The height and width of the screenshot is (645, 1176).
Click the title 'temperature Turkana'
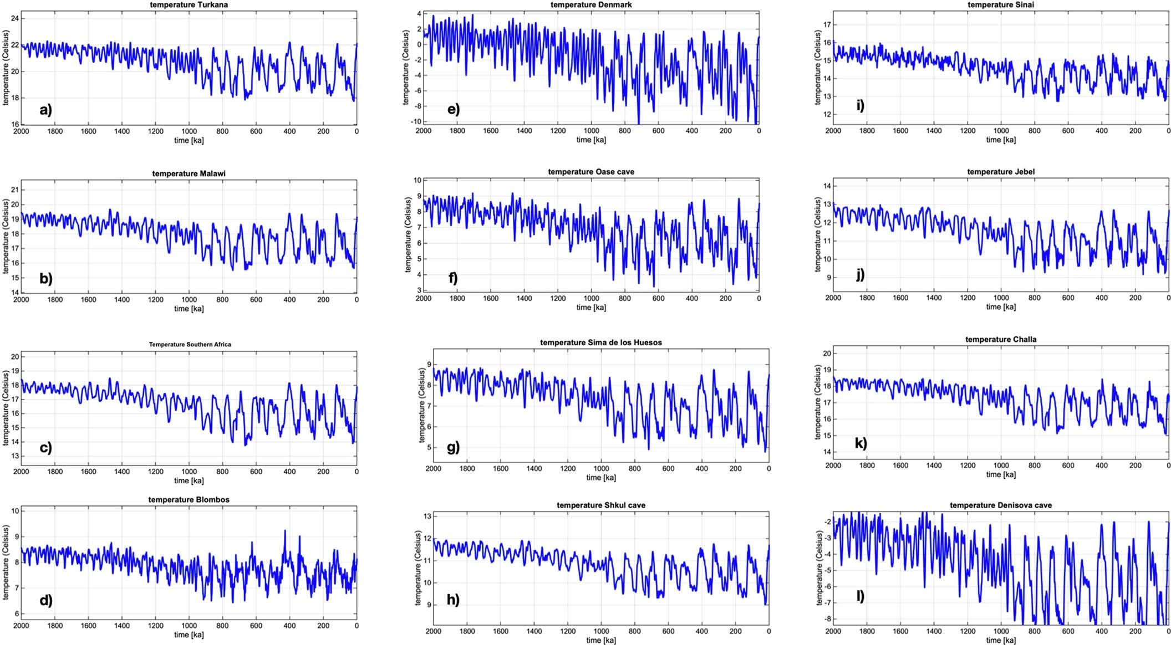click(189, 4)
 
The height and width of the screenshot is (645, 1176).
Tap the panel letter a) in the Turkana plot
click(45, 109)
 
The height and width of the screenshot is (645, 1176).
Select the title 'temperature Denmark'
click(591, 4)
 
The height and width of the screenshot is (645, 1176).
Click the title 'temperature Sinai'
click(1001, 4)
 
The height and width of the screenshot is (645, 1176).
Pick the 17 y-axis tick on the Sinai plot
click(826, 25)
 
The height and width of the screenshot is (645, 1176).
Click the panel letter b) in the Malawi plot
click(45, 278)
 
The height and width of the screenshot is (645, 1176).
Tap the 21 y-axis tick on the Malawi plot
click(14, 190)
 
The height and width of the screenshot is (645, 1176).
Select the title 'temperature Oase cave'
click(591, 172)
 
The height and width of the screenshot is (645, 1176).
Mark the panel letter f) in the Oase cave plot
click(453, 277)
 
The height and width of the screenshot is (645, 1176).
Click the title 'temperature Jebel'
click(1001, 172)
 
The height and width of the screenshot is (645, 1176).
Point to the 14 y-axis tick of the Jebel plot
click(826, 186)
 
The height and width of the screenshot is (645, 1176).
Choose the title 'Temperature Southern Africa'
click(190, 344)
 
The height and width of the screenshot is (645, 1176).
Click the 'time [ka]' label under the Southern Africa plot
click(189, 480)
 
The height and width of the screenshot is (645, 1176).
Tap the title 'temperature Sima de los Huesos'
click(601, 342)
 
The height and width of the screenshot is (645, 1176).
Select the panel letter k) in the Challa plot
click(861, 443)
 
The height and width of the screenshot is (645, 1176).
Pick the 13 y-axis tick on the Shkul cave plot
click(427, 516)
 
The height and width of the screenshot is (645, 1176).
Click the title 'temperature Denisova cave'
click(1001, 505)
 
